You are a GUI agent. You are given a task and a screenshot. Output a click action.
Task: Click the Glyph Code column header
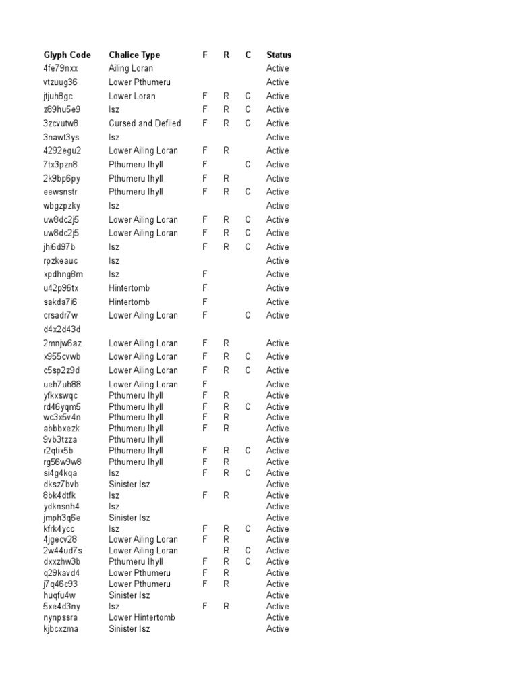(67, 55)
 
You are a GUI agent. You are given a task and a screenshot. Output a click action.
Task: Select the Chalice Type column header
(134, 55)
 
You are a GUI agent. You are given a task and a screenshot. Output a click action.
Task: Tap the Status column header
(279, 55)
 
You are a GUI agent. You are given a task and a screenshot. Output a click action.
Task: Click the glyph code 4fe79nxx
(61, 68)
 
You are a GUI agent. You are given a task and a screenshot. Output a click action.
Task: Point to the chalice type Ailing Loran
(131, 68)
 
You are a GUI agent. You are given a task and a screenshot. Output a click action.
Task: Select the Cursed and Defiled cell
(144, 123)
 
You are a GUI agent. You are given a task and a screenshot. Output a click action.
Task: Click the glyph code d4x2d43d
(62, 329)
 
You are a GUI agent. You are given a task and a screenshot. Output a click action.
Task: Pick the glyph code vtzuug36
(61, 82)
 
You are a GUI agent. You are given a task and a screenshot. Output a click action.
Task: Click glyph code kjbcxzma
(61, 629)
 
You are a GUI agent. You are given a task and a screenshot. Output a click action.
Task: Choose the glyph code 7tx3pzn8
(61, 165)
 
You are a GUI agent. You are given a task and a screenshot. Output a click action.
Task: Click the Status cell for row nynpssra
(277, 617)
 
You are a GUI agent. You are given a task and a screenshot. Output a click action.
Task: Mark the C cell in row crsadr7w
(248, 315)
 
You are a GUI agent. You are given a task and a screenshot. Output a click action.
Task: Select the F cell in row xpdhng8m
(205, 274)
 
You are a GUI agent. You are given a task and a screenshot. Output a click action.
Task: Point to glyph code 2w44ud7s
(63, 551)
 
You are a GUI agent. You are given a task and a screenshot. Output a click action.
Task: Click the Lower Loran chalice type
(132, 96)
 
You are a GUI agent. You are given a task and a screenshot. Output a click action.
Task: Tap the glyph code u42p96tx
(61, 288)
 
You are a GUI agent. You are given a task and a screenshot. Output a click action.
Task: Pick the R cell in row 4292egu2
(227, 150)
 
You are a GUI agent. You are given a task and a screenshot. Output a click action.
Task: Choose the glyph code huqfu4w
(59, 595)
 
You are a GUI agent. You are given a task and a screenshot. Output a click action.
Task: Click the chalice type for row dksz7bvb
(129, 485)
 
